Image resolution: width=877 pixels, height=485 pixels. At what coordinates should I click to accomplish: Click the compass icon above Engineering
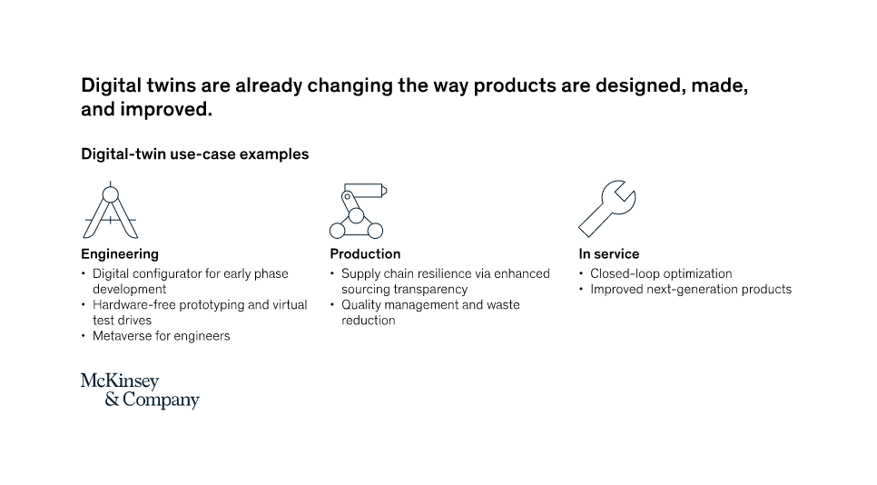pyautogui.click(x=111, y=211)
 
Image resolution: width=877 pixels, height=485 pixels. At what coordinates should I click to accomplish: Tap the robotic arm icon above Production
pyautogui.click(x=358, y=211)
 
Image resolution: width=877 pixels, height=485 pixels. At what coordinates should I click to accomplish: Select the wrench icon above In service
pyautogui.click(x=606, y=209)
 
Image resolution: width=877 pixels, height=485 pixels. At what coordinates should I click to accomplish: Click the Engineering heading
pyautogui.click(x=120, y=254)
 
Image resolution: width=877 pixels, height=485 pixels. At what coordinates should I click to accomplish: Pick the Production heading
pyautogui.click(x=365, y=254)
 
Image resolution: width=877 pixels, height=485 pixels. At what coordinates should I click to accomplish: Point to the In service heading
pyautogui.click(x=609, y=254)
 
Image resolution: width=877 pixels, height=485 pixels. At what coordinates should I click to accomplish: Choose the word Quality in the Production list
pyautogui.click(x=360, y=305)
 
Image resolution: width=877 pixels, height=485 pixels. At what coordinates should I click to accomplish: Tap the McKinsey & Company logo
pyautogui.click(x=140, y=391)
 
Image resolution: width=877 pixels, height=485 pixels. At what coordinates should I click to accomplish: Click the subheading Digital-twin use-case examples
pyautogui.click(x=194, y=154)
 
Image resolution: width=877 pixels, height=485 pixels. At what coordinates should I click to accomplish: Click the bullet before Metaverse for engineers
pyautogui.click(x=84, y=336)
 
